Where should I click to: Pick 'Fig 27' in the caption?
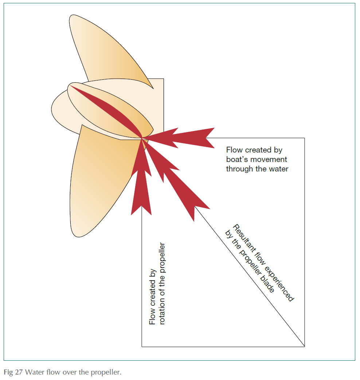pyautogui.click(x=11, y=372)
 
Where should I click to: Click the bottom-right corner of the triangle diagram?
pyautogui.click(x=304, y=347)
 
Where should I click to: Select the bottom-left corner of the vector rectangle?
pyautogui.click(x=142, y=347)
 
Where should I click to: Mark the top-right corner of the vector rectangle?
pyautogui.click(x=304, y=138)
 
